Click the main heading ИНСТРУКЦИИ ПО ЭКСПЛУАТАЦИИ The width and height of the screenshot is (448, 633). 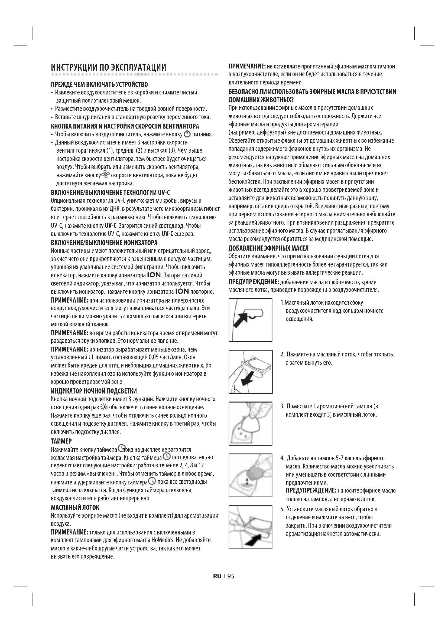(109, 68)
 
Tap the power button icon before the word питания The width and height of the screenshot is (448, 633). (187, 134)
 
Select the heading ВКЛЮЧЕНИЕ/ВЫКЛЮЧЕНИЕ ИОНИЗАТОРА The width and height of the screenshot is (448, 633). (104, 243)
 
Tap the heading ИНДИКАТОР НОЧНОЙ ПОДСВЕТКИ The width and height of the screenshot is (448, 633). (94, 391)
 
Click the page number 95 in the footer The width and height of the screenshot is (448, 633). (231, 576)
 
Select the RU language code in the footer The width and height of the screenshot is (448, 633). (217, 576)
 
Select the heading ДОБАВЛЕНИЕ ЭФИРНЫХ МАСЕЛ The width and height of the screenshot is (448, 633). (268, 248)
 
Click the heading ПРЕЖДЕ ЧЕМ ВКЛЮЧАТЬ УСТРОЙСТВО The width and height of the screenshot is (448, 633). (99, 84)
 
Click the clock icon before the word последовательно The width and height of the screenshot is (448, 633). (167, 457)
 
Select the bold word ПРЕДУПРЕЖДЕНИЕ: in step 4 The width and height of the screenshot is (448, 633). (311, 490)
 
